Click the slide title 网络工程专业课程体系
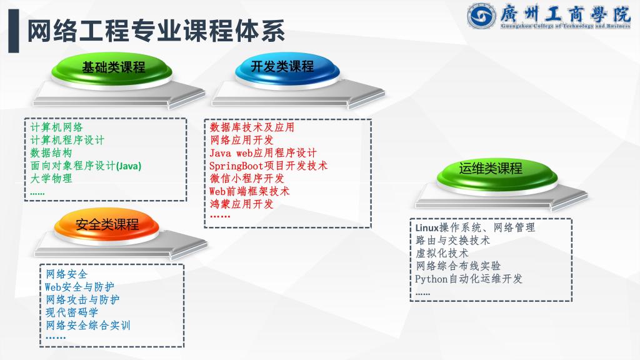pyautogui.click(x=156, y=31)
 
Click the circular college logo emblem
pyautogui.click(x=482, y=16)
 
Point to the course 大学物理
pyautogui.click(x=51, y=178)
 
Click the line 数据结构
pyautogui.click(x=51, y=152)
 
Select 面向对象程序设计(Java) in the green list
pyautogui.click(x=86, y=166)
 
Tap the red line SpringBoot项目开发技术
pyautogui.click(x=268, y=166)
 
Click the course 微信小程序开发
pyautogui.click(x=246, y=178)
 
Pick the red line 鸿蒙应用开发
pyautogui.click(x=241, y=204)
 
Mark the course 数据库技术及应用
pyautogui.click(x=252, y=127)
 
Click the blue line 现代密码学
pyautogui.click(x=72, y=312)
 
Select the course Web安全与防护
pyautogui.click(x=79, y=287)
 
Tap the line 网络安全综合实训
pyautogui.click(x=87, y=325)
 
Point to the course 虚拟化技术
pyautogui.click(x=442, y=253)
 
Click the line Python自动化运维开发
pyautogui.click(x=469, y=279)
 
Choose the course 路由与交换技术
pyautogui.click(x=452, y=241)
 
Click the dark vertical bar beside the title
pyautogui.click(x=14, y=31)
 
